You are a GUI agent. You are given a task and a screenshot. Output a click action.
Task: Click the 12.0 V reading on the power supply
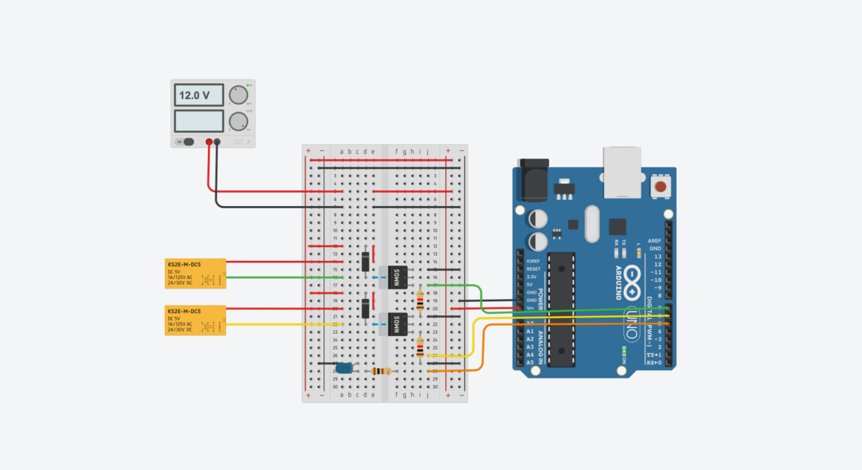click(x=199, y=95)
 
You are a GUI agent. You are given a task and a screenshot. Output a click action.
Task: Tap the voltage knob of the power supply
click(x=238, y=94)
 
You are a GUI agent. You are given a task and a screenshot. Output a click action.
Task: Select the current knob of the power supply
click(x=238, y=121)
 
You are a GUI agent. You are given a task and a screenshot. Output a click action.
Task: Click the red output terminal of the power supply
click(x=209, y=141)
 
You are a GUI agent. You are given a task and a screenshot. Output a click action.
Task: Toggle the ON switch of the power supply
click(x=188, y=141)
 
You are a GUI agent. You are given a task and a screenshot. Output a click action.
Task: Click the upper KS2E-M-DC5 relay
click(x=195, y=273)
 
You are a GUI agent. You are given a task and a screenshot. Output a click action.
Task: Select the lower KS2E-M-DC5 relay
click(x=195, y=320)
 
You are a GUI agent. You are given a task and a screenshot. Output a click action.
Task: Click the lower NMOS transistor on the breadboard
click(x=395, y=323)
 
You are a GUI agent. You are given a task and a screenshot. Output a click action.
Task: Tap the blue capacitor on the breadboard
click(x=344, y=367)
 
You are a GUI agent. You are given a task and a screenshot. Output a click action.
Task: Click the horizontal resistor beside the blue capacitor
click(x=382, y=371)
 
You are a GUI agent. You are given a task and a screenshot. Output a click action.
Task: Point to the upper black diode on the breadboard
click(x=366, y=261)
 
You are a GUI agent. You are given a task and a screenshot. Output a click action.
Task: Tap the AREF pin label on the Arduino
click(x=655, y=241)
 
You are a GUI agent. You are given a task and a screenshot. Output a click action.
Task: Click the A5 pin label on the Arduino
click(x=530, y=362)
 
